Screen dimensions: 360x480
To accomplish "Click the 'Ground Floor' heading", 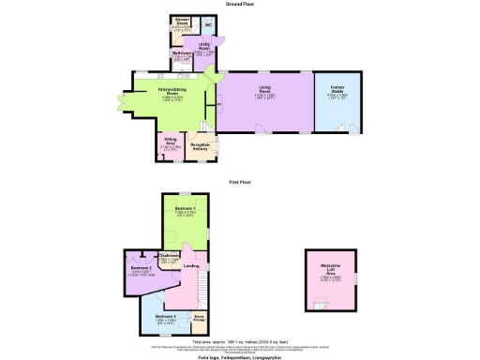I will pyautogui.click(x=239, y=4).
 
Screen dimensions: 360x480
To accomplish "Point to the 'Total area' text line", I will pyautogui.click(x=239, y=340).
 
